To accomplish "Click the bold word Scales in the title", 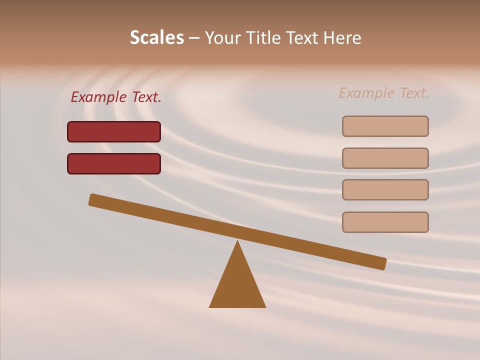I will point(156,37).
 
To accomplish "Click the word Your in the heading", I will point(223,37).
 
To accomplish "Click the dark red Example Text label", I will point(116,97).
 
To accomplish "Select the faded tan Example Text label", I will point(384,93).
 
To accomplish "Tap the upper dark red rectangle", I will point(114,131).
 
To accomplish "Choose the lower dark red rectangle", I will point(114,163).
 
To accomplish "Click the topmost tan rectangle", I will point(385,126).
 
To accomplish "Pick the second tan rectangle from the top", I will point(385,158).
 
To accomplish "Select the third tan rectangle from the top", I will point(385,189).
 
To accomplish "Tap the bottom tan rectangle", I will point(385,222).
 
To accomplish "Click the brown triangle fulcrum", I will point(237,285).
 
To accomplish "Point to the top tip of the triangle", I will point(237,241).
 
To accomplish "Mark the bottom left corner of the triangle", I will point(210,306).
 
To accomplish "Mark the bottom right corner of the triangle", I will point(265,306).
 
